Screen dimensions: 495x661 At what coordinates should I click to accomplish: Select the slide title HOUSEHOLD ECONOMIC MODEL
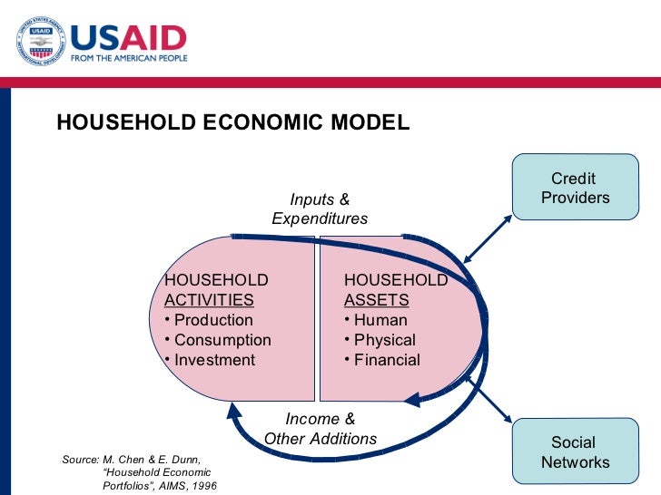click(x=233, y=122)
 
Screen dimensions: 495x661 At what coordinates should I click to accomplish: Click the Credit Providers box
click(x=575, y=188)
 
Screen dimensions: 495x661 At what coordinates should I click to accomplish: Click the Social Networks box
click(x=575, y=452)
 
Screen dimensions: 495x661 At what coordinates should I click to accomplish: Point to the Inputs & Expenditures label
click(x=320, y=209)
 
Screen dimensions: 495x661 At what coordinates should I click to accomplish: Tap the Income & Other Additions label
click(x=320, y=429)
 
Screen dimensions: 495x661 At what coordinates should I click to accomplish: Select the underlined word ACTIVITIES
click(x=209, y=300)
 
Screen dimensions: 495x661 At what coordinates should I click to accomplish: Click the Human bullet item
click(x=380, y=320)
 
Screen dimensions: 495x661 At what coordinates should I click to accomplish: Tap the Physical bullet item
click(x=385, y=340)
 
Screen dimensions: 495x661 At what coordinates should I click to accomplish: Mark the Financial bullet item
click(x=387, y=360)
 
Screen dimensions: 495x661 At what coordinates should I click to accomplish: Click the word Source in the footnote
click(x=79, y=460)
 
